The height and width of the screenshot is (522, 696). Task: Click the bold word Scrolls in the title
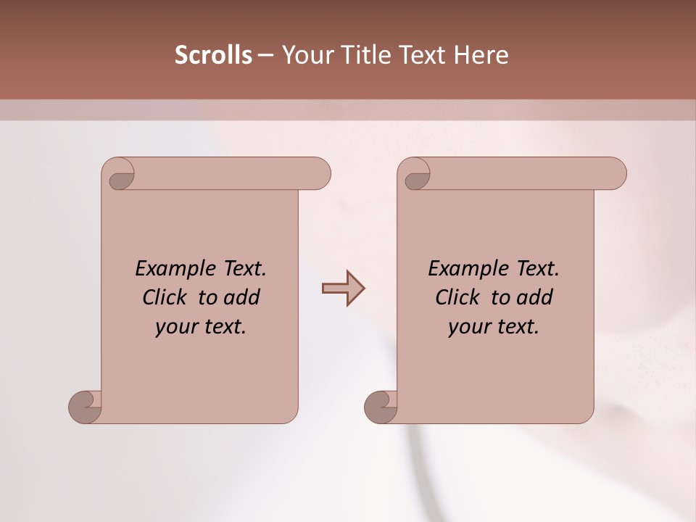tap(214, 55)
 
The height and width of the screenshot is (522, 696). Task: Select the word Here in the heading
tap(481, 55)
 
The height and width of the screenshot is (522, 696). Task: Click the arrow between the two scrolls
tap(343, 289)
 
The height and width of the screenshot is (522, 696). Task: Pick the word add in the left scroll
tap(242, 297)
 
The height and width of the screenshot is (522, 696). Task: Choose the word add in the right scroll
tap(535, 297)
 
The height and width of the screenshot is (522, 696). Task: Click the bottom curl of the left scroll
tap(83, 406)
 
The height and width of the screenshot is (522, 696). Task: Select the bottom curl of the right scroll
tap(379, 406)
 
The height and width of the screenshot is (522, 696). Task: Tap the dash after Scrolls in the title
tap(265, 55)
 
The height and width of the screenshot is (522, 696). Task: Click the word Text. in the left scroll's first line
tap(241, 268)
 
